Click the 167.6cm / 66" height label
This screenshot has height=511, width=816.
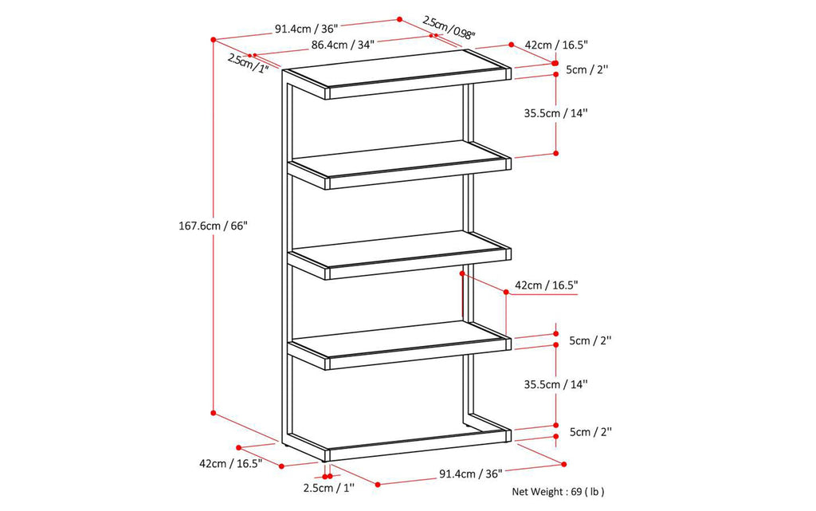click(214, 226)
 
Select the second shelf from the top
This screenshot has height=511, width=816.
click(398, 163)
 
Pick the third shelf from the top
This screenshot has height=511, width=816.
click(398, 254)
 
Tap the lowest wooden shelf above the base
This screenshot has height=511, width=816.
click(398, 344)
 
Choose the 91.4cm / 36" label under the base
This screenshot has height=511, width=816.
click(470, 474)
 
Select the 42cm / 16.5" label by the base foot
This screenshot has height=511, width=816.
click(230, 463)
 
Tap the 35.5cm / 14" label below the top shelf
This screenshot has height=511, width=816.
click(555, 113)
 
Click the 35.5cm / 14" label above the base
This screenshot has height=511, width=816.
click(556, 384)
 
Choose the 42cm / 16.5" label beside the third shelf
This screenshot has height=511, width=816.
click(546, 285)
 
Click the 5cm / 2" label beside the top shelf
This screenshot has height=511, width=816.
click(587, 69)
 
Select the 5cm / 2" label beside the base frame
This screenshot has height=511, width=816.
click(589, 432)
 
